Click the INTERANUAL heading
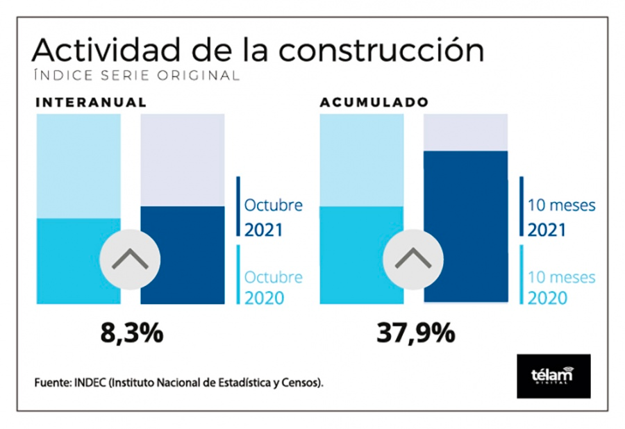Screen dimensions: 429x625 [x=91, y=102]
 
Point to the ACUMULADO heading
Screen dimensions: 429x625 [x=374, y=102]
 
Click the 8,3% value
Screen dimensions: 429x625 [x=132, y=333]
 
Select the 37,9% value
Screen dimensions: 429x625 [x=416, y=333]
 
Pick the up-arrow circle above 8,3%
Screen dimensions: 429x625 [x=130, y=260]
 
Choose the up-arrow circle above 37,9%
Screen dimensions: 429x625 [x=412, y=260]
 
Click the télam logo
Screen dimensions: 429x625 [x=553, y=376]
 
